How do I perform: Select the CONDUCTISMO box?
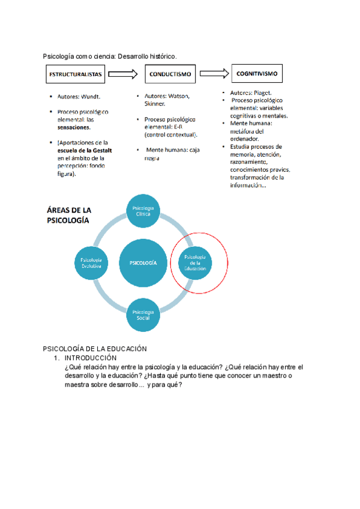point(169,74)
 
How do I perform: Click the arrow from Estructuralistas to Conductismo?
point(124,74)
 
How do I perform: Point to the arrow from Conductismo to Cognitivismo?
point(214,73)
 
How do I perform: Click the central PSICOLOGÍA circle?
point(142,263)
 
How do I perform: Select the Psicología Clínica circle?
point(142,211)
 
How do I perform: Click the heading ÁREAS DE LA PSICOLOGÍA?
point(68,215)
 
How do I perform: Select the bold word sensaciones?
point(74,127)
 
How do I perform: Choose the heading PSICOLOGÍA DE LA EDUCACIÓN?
point(95,349)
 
